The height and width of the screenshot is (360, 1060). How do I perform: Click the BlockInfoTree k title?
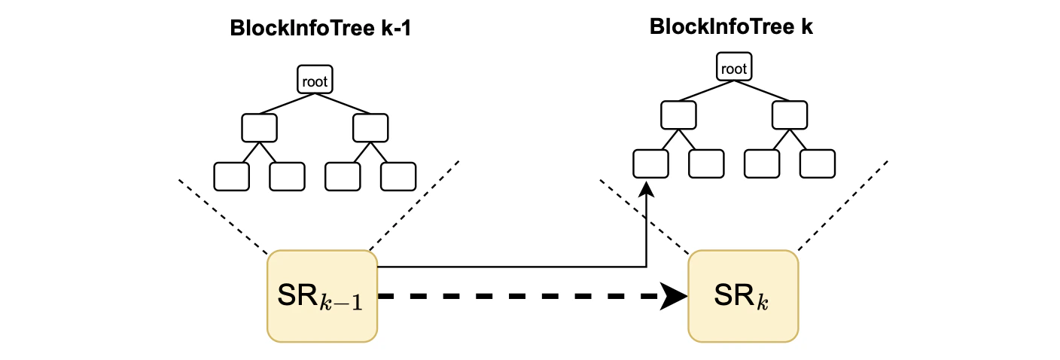(x=731, y=27)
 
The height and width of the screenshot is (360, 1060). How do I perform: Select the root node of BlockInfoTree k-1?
(x=314, y=81)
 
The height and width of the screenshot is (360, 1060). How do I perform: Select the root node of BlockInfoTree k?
(x=733, y=69)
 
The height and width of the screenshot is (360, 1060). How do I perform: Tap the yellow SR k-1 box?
(x=322, y=296)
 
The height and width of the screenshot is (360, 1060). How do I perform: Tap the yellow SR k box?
(x=742, y=296)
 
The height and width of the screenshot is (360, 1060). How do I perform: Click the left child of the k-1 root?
(x=259, y=127)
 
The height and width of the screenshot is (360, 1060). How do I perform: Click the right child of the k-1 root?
(x=370, y=127)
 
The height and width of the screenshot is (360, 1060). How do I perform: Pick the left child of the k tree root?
(x=678, y=114)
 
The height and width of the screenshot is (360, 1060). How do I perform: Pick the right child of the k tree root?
(x=789, y=114)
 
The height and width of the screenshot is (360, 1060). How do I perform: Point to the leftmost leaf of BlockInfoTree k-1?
(x=231, y=175)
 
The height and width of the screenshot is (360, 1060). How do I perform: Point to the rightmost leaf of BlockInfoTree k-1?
(x=398, y=175)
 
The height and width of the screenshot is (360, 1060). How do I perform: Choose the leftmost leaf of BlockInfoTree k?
(x=650, y=163)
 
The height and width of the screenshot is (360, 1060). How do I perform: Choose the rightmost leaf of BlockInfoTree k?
(x=817, y=163)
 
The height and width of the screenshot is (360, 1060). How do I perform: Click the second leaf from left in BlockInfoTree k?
(x=706, y=163)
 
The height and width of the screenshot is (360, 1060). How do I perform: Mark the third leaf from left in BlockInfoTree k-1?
(x=343, y=175)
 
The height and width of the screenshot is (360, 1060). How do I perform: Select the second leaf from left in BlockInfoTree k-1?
(x=287, y=175)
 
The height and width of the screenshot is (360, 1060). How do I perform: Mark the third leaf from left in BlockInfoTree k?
(x=761, y=163)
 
